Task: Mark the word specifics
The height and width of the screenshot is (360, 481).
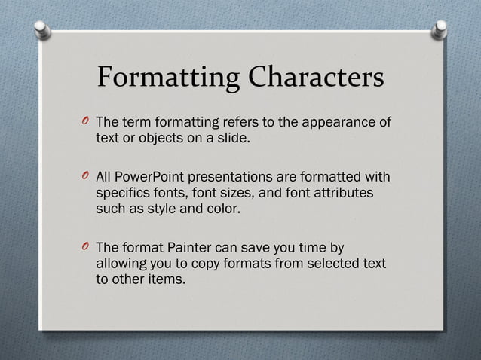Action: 124,194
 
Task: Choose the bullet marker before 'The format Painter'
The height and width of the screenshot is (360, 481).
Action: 84,249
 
